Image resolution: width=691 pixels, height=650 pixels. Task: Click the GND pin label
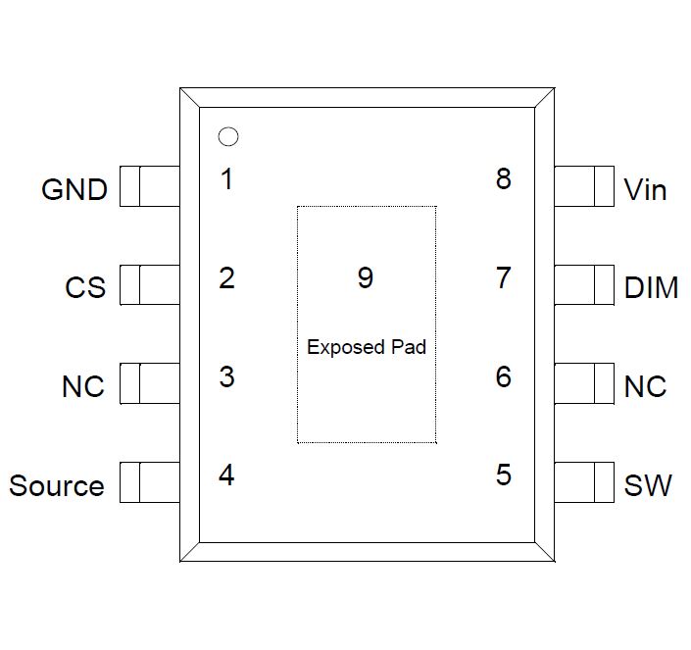click(74, 189)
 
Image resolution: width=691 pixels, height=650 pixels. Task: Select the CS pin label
click(85, 288)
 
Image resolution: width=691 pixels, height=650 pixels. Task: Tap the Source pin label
click(57, 485)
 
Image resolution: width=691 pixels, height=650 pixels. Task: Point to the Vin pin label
click(645, 189)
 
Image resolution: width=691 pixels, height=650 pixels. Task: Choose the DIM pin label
click(651, 288)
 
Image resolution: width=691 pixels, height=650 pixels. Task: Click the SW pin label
click(648, 485)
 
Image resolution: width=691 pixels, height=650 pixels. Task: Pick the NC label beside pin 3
click(83, 386)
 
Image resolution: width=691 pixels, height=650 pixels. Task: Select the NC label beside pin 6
click(645, 386)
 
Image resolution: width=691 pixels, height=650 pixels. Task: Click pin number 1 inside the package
click(227, 179)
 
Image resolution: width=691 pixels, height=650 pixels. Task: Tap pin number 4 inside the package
click(227, 475)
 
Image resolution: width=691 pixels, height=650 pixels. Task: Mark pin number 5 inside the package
click(503, 475)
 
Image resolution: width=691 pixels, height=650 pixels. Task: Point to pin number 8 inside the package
click(503, 179)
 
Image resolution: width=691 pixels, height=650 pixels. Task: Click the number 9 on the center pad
click(365, 278)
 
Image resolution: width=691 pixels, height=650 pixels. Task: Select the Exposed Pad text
click(366, 347)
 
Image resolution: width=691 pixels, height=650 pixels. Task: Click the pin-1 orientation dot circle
click(227, 138)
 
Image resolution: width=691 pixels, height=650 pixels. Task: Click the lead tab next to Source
click(150, 482)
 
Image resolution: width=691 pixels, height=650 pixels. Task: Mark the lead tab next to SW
click(584, 482)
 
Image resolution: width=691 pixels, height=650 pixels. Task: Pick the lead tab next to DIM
click(584, 285)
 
